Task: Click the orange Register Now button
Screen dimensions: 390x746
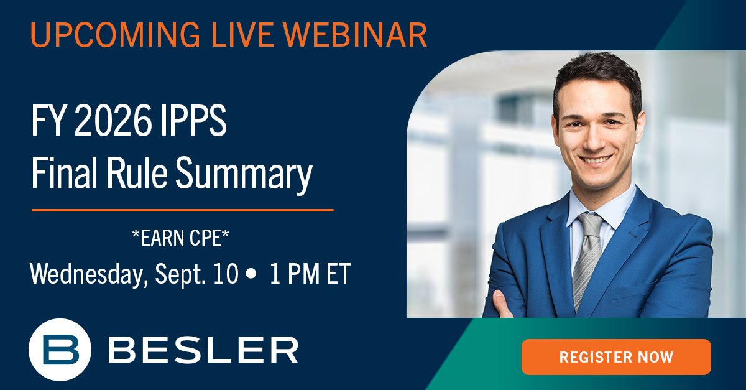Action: [x=615, y=357]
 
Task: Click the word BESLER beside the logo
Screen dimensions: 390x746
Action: [x=203, y=350]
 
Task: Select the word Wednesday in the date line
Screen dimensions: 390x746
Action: [x=87, y=274]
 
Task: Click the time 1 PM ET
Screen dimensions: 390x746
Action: [x=310, y=274]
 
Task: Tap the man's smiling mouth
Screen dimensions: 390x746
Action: [x=596, y=160]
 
